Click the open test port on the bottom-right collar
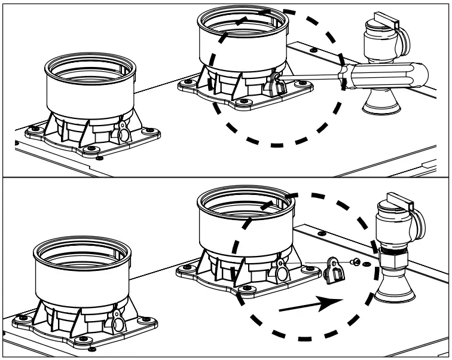[x=280, y=263]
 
